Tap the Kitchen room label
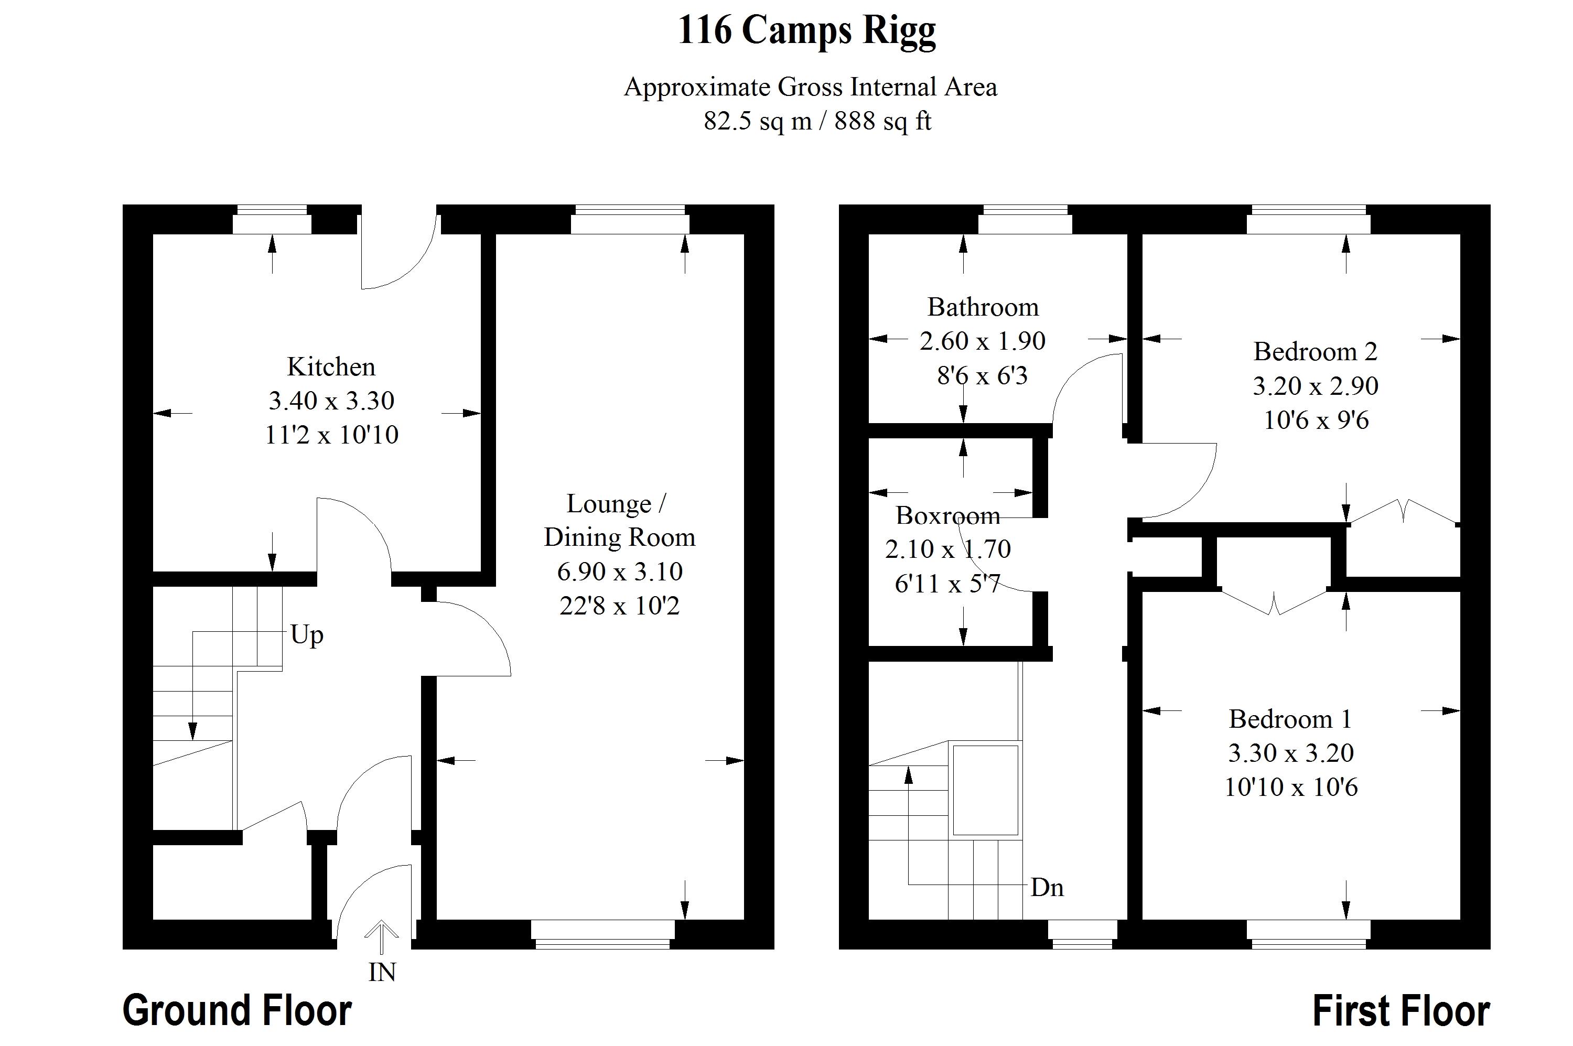coord(331,367)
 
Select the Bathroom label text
coord(983,307)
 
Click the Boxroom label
coord(947,516)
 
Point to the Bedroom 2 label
coord(1315,352)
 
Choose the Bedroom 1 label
coord(1290,719)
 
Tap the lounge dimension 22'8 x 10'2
coord(619,606)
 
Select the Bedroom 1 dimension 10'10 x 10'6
coord(1290,787)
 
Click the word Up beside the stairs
coord(307,635)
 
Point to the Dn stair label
coord(1047,888)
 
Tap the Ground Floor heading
coord(237,1011)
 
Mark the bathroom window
coord(1025,220)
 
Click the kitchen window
coord(272,220)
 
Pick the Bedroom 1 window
coord(1308,934)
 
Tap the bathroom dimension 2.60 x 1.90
coord(982,341)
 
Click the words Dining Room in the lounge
coord(619,537)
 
